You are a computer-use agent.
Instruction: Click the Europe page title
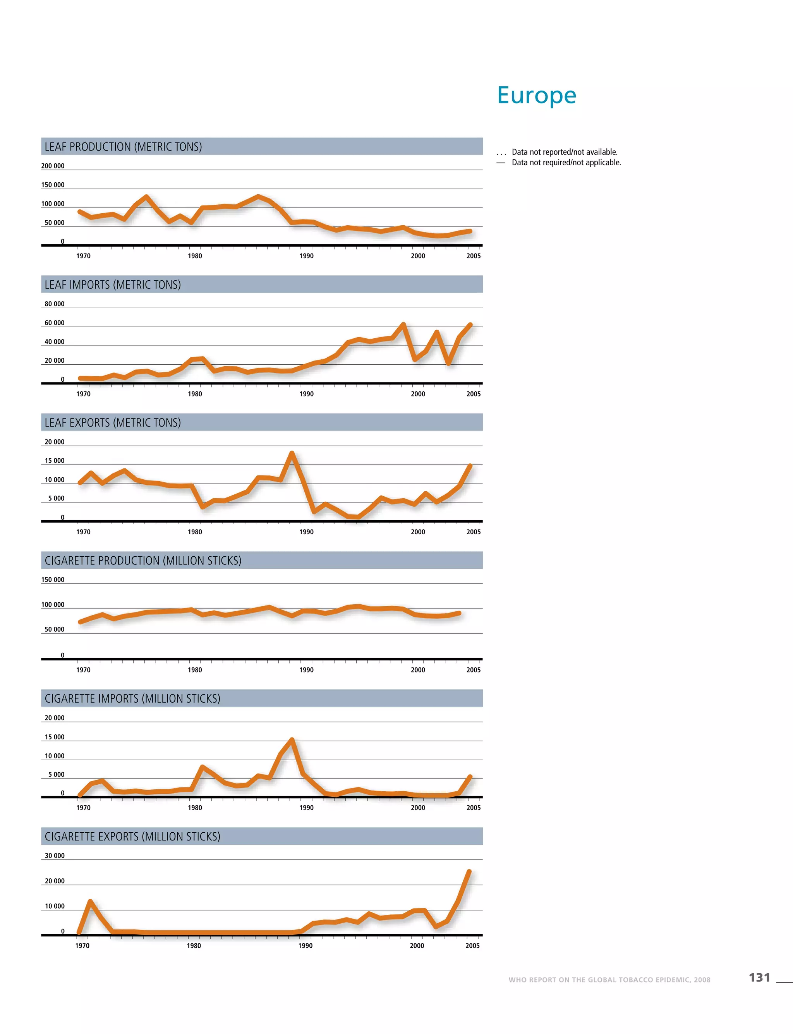[x=536, y=95]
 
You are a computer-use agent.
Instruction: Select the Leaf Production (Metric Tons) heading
[x=123, y=147]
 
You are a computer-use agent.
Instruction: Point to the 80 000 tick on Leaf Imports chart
[x=54, y=304]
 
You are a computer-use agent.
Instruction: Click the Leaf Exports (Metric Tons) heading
[x=112, y=422]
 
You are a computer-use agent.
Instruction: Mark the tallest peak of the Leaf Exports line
[x=292, y=454]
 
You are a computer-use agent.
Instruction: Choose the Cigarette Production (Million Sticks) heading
[x=142, y=561]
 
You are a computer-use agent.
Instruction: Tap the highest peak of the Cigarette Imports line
[x=292, y=740]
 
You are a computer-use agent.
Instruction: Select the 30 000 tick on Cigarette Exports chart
[x=54, y=856]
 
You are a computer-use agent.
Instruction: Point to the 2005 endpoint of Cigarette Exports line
[x=469, y=872]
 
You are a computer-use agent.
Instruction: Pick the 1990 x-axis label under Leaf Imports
[x=306, y=394]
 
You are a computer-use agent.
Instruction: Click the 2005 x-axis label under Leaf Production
[x=474, y=256]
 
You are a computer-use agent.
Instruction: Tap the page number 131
[x=759, y=977]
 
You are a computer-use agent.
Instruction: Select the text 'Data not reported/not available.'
[x=565, y=152]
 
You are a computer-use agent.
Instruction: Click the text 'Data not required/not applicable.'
[x=566, y=162]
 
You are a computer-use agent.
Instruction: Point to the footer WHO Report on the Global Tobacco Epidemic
[x=609, y=980]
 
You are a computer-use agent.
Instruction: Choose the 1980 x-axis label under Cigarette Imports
[x=195, y=808]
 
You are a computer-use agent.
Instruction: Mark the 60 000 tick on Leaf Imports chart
[x=54, y=323]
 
